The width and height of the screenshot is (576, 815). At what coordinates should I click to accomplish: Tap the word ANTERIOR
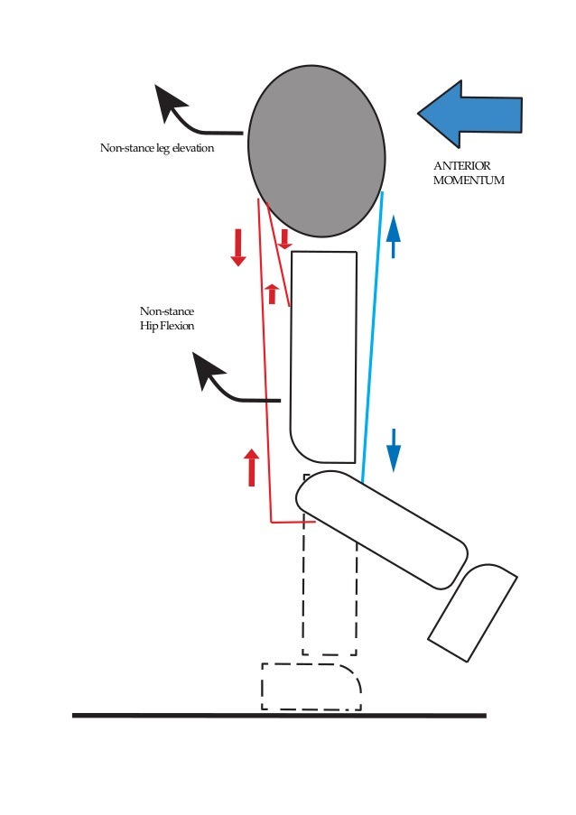(462, 166)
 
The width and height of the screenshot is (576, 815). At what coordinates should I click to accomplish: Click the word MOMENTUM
(469, 181)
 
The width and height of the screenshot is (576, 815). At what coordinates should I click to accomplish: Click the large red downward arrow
(238, 247)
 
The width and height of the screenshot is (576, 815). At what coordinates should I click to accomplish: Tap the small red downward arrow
(284, 239)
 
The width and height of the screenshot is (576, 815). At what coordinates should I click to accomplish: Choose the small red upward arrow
(272, 293)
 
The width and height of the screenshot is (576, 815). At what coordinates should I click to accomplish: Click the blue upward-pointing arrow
(394, 237)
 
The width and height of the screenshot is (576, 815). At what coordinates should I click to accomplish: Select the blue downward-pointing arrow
(394, 449)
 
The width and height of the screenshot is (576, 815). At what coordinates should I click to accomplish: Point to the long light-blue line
(372, 334)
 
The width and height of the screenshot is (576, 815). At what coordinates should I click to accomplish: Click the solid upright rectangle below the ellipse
(323, 357)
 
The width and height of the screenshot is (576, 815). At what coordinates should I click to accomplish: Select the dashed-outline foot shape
(310, 686)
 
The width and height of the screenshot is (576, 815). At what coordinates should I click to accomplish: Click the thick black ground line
(280, 716)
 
